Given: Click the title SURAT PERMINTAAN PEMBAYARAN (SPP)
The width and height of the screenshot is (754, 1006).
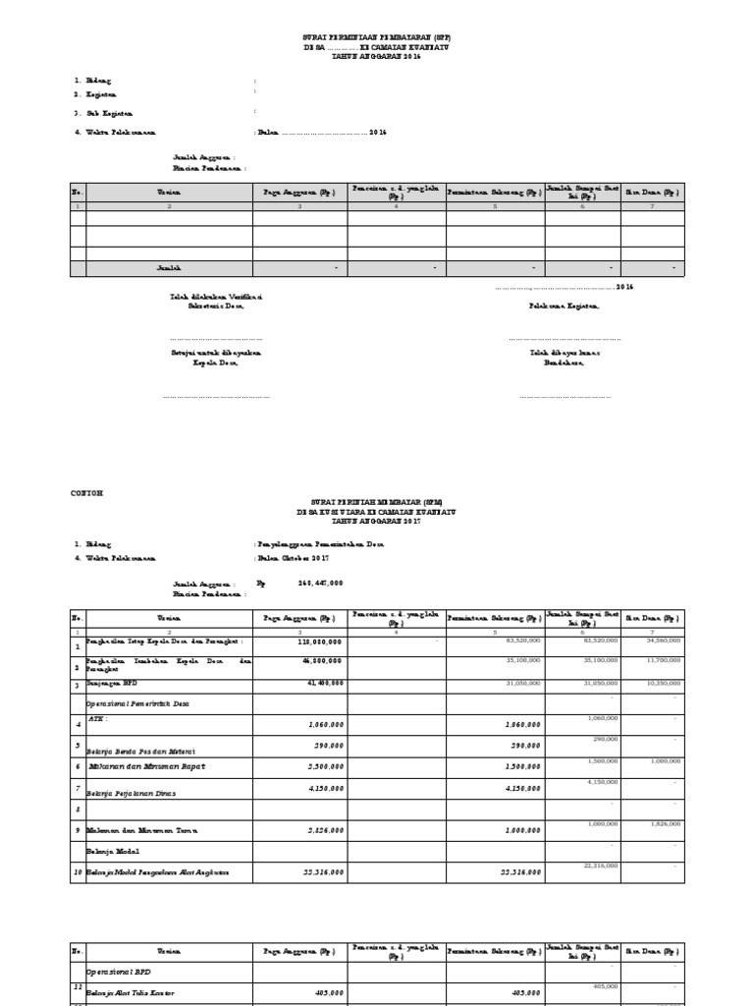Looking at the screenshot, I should pos(377,35).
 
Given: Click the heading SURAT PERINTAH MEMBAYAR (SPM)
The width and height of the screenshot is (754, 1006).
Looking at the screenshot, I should pos(377,503).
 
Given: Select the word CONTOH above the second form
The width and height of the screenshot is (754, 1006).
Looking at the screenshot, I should pos(87,491).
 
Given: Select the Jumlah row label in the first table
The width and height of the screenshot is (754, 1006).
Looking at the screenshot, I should pos(169,267).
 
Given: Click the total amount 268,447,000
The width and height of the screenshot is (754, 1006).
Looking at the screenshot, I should pos(320,583).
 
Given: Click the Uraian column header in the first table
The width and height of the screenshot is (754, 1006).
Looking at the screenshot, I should pos(169,194).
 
